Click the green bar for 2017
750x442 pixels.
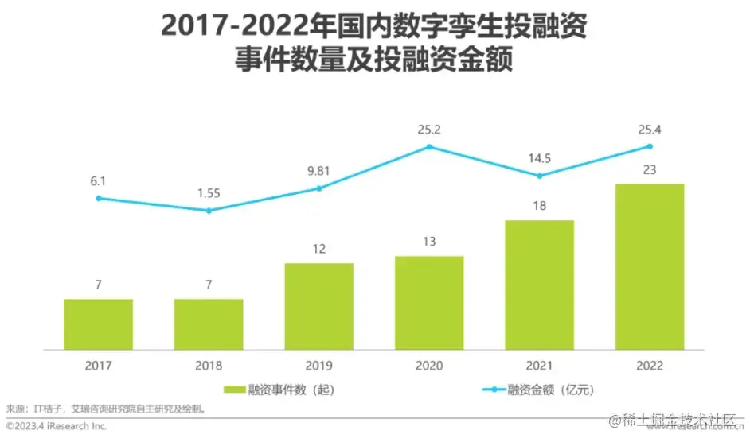pyautogui.click(x=99, y=324)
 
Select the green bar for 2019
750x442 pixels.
pyautogui.click(x=318, y=306)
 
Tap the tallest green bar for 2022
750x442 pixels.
pyautogui.click(x=650, y=266)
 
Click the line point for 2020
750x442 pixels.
pyautogui.click(x=429, y=147)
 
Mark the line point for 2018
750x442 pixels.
pyautogui.click(x=209, y=211)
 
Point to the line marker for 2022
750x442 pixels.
pyautogui.click(x=650, y=146)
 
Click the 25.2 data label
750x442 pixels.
pyautogui.click(x=429, y=128)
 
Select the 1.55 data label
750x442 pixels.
pyautogui.click(x=209, y=192)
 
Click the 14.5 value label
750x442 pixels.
pyautogui.click(x=539, y=157)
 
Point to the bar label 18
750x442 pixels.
pyautogui.click(x=539, y=207)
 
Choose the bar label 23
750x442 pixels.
pyautogui.click(x=650, y=169)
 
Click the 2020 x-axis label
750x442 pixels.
pyautogui.click(x=429, y=366)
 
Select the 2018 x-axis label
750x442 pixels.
pyautogui.click(x=209, y=366)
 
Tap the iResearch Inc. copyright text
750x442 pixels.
pyautogui.click(x=56, y=427)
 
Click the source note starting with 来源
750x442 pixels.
pyautogui.click(x=107, y=409)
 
